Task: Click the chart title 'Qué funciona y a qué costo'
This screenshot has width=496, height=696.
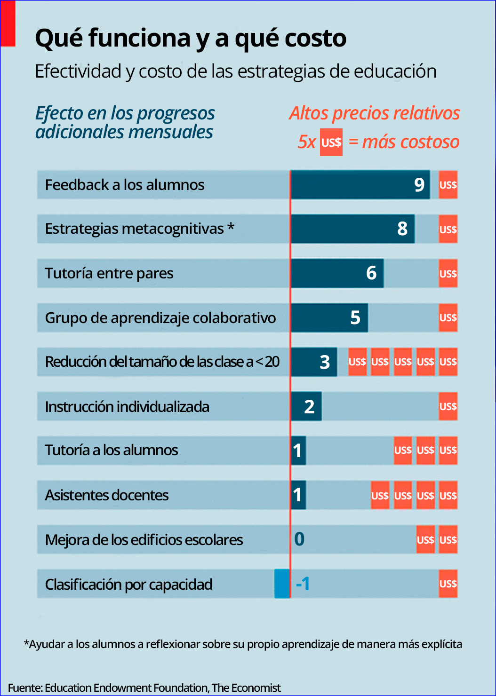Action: (191, 38)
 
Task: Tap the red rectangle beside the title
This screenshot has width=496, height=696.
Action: (8, 24)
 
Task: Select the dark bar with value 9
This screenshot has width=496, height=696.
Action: (360, 185)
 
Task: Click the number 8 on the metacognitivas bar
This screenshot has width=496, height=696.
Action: (402, 229)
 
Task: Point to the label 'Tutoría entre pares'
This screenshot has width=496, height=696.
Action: (109, 273)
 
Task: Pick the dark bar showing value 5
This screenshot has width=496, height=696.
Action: (329, 318)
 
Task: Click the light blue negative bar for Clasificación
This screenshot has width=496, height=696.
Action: (282, 584)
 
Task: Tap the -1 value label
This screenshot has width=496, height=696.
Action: (303, 584)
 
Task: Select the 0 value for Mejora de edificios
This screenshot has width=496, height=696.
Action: (299, 539)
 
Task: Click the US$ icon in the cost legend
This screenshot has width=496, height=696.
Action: (331, 142)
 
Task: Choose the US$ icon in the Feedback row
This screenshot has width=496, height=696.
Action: (448, 185)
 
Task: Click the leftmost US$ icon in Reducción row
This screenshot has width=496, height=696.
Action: (357, 362)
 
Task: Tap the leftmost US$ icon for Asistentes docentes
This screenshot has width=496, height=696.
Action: (380, 495)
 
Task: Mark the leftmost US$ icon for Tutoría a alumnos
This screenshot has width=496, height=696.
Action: (403, 451)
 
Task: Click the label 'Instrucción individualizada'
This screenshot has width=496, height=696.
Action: (127, 406)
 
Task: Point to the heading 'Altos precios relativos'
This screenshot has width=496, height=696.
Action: (375, 113)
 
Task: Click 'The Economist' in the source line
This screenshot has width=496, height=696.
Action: (246, 688)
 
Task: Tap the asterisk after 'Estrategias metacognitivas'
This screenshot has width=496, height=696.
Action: (231, 227)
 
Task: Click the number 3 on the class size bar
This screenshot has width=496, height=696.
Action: (325, 362)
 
